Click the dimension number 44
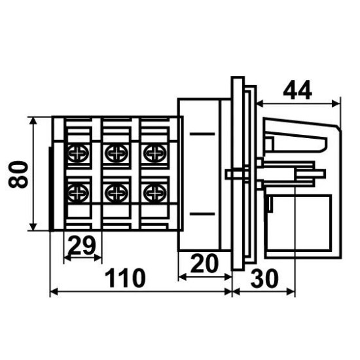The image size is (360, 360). (x=297, y=90)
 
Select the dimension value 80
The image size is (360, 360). (x=18, y=174)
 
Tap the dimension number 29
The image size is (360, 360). (x=82, y=245)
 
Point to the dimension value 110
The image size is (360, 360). (x=126, y=278)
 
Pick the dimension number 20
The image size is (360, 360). (x=204, y=263)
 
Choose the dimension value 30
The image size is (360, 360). (x=264, y=278)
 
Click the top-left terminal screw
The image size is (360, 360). (x=79, y=153)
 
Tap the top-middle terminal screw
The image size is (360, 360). (x=117, y=153)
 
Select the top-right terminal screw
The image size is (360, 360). (x=155, y=153)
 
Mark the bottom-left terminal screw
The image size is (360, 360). (x=79, y=193)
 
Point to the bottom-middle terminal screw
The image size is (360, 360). (x=117, y=193)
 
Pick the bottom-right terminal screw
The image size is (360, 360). (x=155, y=193)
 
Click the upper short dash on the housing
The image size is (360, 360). (x=202, y=134)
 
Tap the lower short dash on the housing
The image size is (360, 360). (x=202, y=214)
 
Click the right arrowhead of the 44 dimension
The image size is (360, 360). (x=336, y=104)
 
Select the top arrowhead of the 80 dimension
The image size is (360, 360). (x=33, y=121)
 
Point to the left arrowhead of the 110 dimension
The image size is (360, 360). (x=54, y=292)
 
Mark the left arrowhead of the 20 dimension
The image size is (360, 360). (x=183, y=278)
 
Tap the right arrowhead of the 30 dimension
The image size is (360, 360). (x=291, y=292)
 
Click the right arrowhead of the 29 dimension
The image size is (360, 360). (x=98, y=259)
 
